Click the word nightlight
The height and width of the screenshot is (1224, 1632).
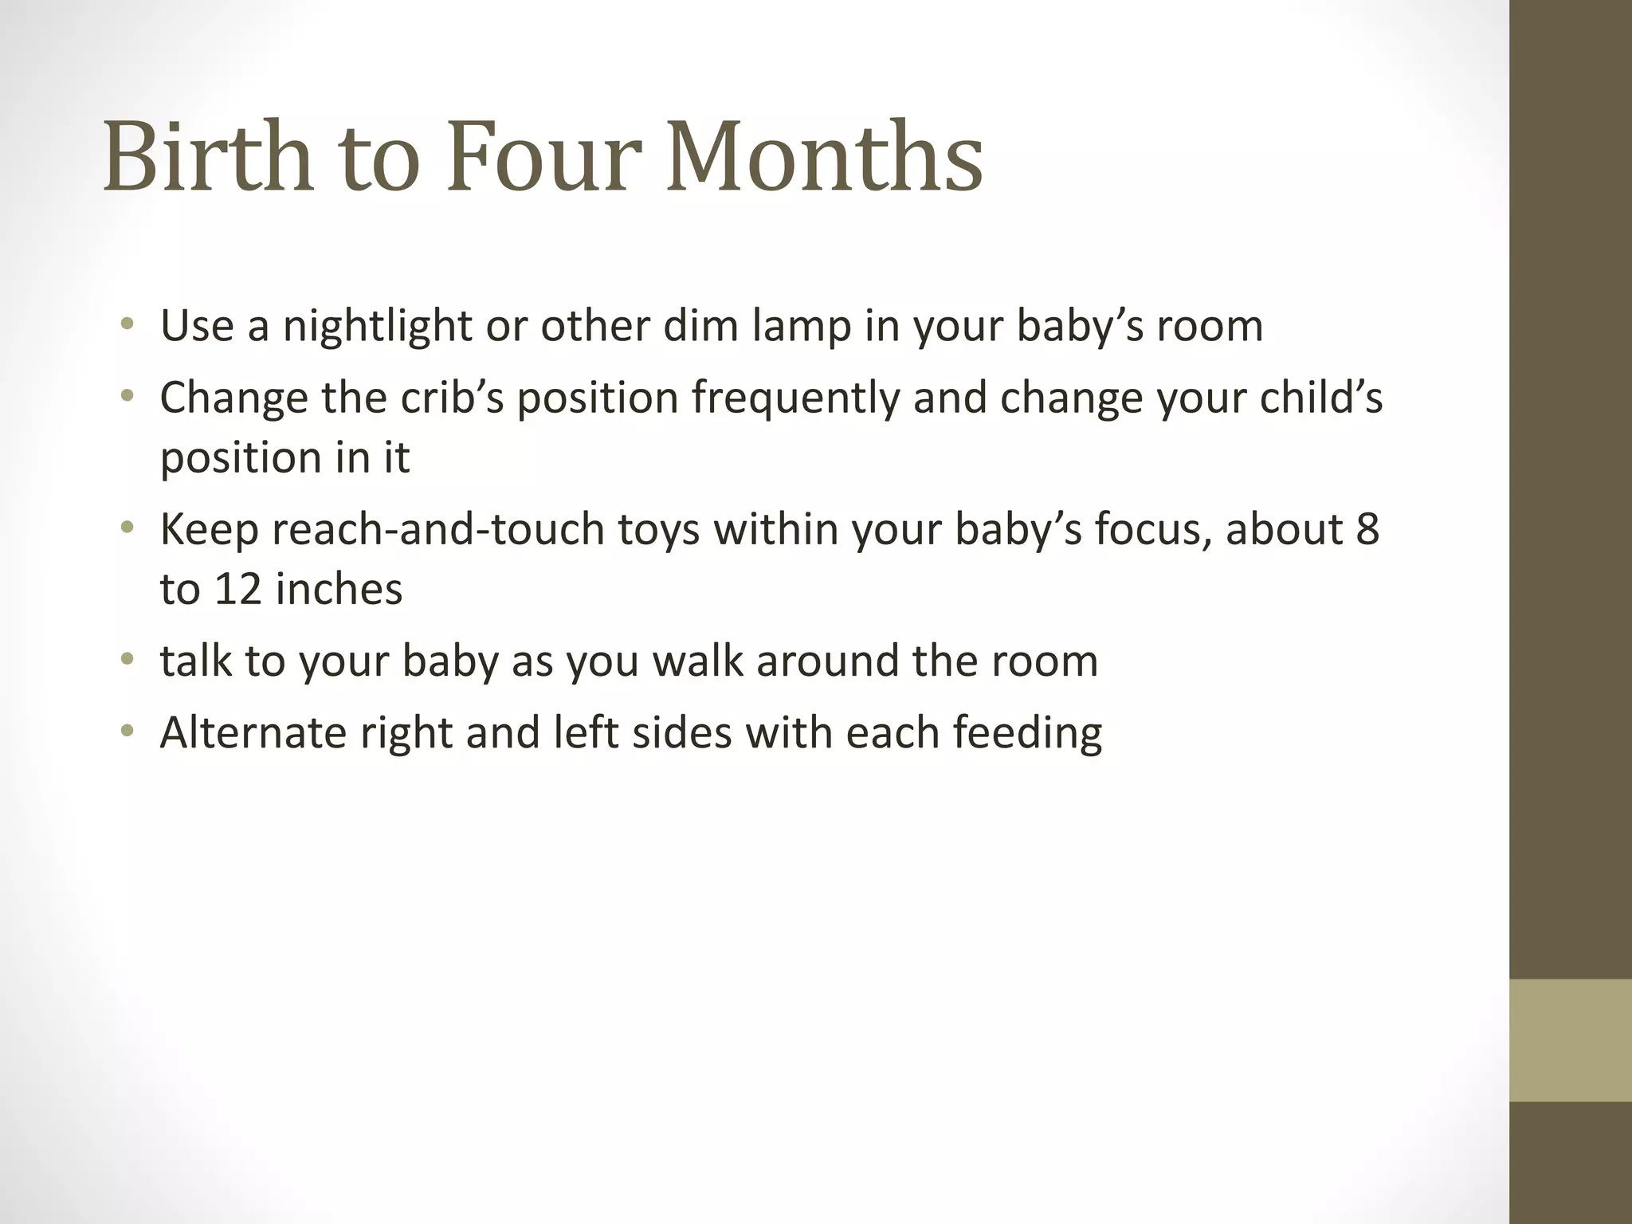(377, 327)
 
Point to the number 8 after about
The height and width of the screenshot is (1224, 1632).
(1367, 530)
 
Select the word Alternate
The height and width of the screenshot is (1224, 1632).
(253, 732)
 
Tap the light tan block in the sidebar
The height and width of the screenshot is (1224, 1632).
(1570, 1040)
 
